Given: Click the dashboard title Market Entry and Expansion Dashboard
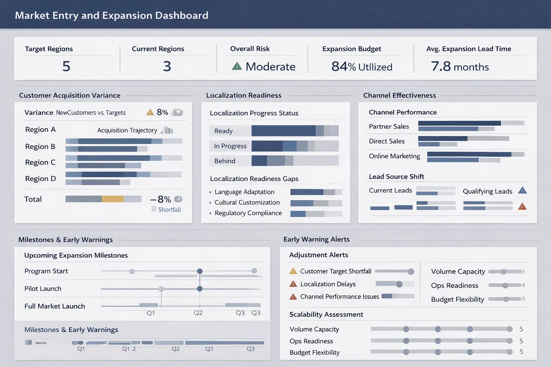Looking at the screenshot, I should tap(112, 15).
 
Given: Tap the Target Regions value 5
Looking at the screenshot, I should tap(66, 66).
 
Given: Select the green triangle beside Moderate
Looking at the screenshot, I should tap(237, 66).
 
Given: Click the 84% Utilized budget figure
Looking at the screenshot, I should tap(362, 67).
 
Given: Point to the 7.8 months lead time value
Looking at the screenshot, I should tap(460, 67).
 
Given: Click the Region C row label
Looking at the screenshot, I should tap(40, 162).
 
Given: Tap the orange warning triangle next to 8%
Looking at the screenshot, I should tap(150, 112).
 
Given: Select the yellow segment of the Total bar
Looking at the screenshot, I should tap(113, 199).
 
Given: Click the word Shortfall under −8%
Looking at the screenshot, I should tap(169, 210).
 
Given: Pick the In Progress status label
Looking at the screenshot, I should tap(230, 146).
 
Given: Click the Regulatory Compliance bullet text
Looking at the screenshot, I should tap(248, 213).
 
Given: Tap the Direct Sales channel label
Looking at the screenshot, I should tap(387, 141).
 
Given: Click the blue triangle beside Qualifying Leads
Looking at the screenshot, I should tap(522, 190).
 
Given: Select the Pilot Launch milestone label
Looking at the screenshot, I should tap(43, 289).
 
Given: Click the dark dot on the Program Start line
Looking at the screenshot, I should tap(200, 271).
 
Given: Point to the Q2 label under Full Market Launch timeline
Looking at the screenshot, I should tap(198, 313).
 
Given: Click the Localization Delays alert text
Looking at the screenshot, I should tap(328, 284).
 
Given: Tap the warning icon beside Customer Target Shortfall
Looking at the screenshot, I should tap(293, 271).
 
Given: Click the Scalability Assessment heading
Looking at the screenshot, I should tap(326, 314).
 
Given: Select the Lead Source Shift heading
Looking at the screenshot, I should tap(396, 176).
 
